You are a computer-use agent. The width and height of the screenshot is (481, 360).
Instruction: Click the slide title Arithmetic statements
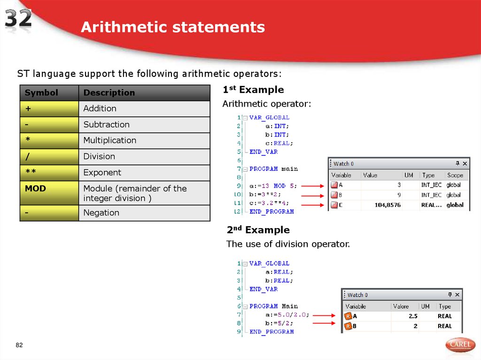pyautogui.click(x=173, y=27)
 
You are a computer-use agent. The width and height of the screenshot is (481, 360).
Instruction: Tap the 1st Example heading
pyautogui.click(x=253, y=90)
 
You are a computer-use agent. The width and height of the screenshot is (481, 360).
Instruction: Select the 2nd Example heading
pyautogui.click(x=258, y=230)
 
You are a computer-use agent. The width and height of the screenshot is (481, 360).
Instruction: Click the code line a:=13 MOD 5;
pyautogui.click(x=273, y=186)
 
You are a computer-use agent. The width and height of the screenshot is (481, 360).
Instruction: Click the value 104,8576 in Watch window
pyautogui.click(x=389, y=205)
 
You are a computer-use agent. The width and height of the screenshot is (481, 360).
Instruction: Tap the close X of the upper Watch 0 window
pyautogui.click(x=465, y=164)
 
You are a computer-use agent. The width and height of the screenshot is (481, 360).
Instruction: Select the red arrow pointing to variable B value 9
pyautogui.click(x=312, y=195)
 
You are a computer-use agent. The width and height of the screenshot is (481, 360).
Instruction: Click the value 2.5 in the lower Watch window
pyautogui.click(x=413, y=316)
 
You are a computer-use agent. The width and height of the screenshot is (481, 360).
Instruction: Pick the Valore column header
pyautogui.click(x=401, y=306)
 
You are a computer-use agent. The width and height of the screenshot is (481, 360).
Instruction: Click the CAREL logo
pyautogui.click(x=459, y=345)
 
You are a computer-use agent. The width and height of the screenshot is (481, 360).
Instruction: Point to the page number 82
pyautogui.click(x=19, y=346)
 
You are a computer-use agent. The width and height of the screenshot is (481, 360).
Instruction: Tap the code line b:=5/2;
pyautogui.click(x=279, y=323)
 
